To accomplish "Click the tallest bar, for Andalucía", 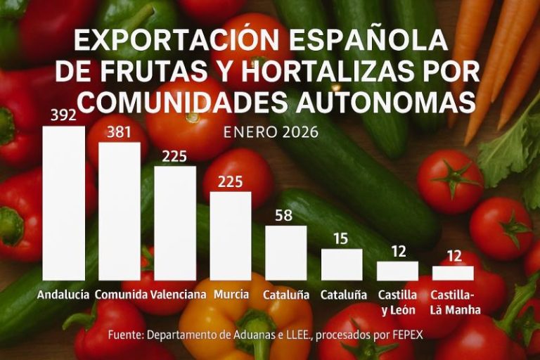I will tap(63, 203).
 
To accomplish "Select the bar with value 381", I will tap(119, 211).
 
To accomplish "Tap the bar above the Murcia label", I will tap(230, 236).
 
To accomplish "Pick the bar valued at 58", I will tap(285, 252).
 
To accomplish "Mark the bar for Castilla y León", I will tap(397, 271).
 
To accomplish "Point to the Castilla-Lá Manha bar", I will tap(453, 273).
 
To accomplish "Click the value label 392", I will tap(64, 115).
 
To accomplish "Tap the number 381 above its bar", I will tap(120, 132).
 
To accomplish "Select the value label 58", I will tap(285, 215).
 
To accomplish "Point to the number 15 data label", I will tap(341, 238).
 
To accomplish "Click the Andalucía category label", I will tap(63, 295).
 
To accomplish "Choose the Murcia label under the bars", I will tap(231, 295).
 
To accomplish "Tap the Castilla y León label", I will tap(397, 302).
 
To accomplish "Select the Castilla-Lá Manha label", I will tap(453, 302).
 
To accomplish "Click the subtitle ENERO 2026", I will tap(270, 132).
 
